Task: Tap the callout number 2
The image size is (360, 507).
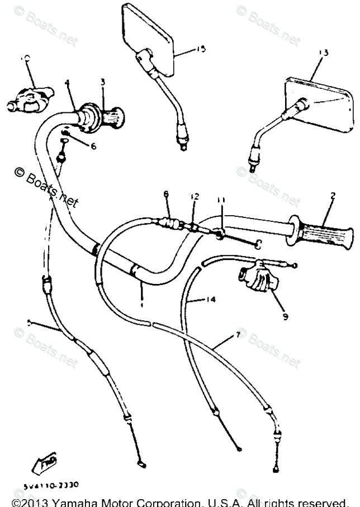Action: [333, 196]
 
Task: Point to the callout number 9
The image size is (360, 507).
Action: [285, 317]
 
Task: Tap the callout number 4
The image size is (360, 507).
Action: [67, 83]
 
